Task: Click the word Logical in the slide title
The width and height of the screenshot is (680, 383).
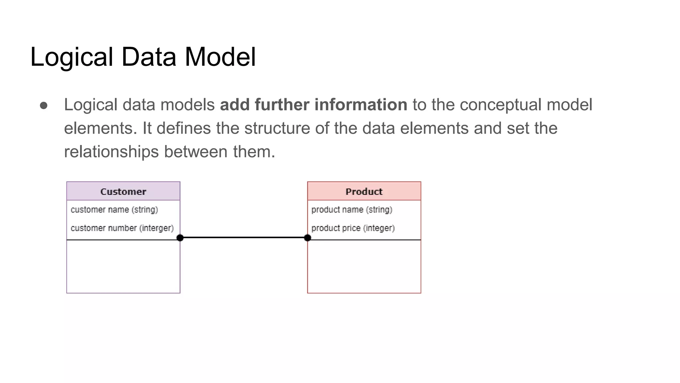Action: [x=72, y=57]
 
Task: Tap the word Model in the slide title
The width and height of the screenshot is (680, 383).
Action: [x=220, y=57]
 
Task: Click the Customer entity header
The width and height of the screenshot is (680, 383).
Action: [x=123, y=191]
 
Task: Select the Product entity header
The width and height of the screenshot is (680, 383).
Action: [x=364, y=191]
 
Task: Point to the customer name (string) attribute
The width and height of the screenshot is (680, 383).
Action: [x=114, y=210]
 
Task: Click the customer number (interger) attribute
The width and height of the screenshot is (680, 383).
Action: [x=122, y=228]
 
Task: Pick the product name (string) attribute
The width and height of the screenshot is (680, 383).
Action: [x=352, y=210]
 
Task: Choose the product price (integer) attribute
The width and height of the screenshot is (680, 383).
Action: [x=353, y=228]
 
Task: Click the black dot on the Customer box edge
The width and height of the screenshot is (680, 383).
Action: [x=180, y=238]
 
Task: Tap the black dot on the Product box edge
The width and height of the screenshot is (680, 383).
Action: [x=307, y=238]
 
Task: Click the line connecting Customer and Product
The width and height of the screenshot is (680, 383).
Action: [x=244, y=238]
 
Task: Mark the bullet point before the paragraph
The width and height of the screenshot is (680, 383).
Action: [x=43, y=105]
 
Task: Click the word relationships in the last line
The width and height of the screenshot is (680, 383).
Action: [x=111, y=152]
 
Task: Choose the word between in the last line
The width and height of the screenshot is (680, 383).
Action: [x=196, y=152]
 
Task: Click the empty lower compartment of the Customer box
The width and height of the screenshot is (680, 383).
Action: [x=123, y=266]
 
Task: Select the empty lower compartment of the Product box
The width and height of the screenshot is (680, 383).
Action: [x=364, y=266]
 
